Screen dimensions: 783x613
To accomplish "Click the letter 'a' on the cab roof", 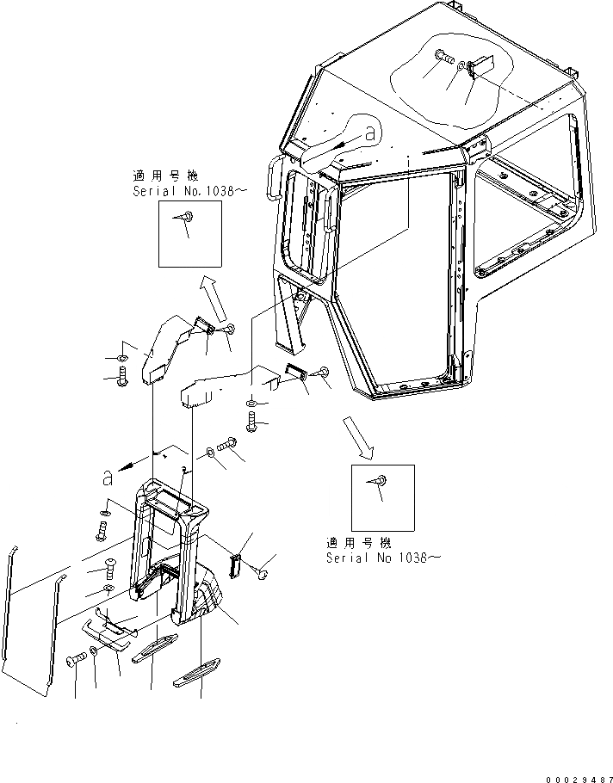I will pos(370,133).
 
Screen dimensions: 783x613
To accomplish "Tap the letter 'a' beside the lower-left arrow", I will pos(106,477).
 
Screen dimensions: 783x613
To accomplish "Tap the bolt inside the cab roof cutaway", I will pos(444,58).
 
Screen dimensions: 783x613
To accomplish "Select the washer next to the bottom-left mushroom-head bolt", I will pos(93,651).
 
